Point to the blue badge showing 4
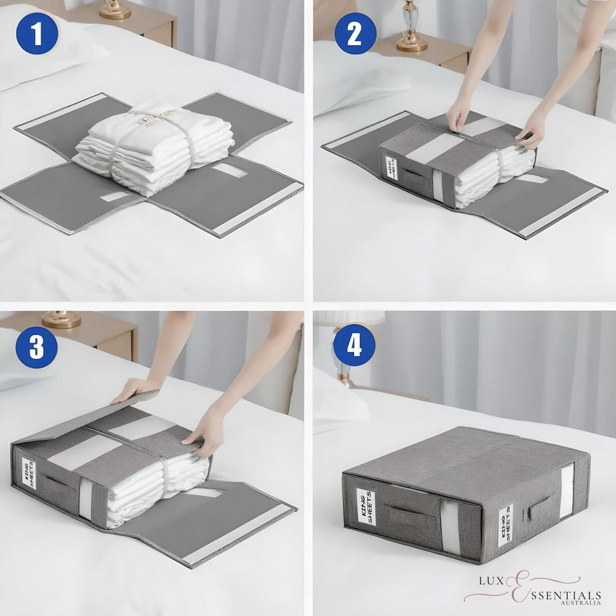pyautogui.click(x=355, y=346)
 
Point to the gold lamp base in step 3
pyautogui.click(x=61, y=318)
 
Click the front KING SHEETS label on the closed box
pyautogui.click(x=365, y=506)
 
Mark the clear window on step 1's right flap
pyautogui.click(x=229, y=170)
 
